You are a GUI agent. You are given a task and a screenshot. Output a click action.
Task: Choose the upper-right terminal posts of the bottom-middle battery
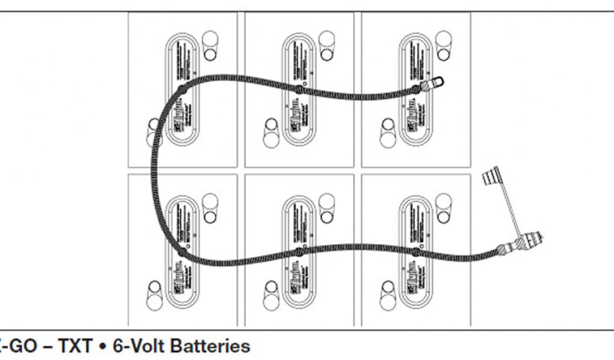coord(327,208)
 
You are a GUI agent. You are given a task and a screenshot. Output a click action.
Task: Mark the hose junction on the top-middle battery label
coord(298,90)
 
